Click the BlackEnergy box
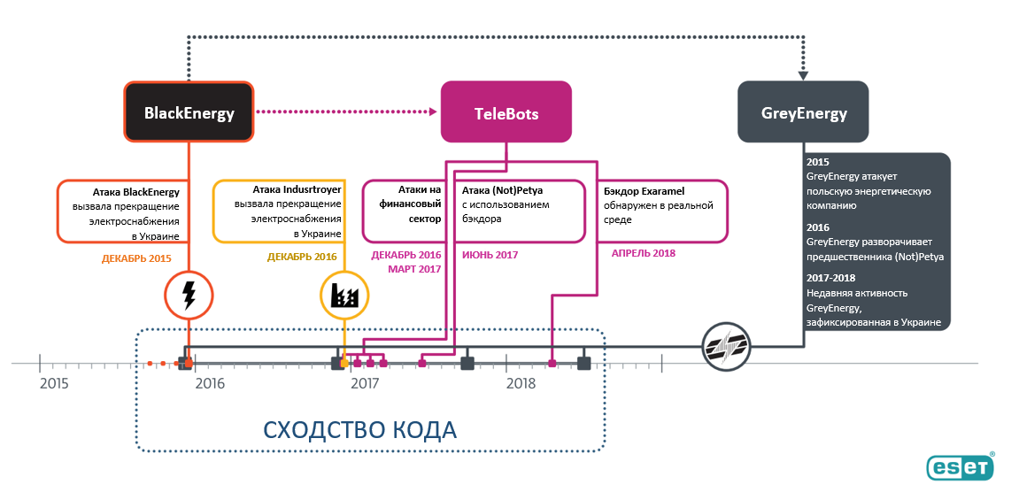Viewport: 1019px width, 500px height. point(189,112)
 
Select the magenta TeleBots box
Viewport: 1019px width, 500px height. point(506,112)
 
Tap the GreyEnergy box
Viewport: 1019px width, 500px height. point(803,112)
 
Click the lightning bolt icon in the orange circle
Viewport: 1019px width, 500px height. point(189,296)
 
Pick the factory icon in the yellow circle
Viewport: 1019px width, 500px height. point(345,296)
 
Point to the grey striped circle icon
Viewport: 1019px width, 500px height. point(726,346)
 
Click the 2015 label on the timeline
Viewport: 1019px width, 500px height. point(54,383)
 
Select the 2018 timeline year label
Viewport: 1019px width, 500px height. point(521,383)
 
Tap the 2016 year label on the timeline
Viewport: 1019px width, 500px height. point(210,383)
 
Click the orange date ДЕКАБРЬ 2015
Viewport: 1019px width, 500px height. point(136,258)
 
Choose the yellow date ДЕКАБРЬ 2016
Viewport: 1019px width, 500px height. point(302,258)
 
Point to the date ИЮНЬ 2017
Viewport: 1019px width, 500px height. point(490,255)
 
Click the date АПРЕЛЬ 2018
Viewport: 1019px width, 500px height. point(644,253)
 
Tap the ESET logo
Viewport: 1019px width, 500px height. point(961,466)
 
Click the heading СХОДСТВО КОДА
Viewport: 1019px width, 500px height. point(360,430)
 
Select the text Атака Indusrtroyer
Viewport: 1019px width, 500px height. point(297,190)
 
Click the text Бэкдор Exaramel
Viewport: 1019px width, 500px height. point(645,191)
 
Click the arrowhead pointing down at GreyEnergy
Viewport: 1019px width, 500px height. point(803,75)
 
